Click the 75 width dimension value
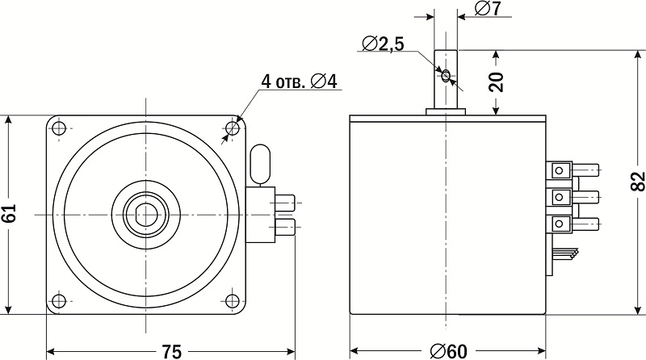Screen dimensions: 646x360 [171, 351]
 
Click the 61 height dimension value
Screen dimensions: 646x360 [9, 213]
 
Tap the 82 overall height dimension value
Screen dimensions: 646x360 [637, 182]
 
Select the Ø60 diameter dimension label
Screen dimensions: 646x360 [449, 351]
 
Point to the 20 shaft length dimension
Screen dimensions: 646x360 [497, 82]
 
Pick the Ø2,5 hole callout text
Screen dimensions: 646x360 [383, 44]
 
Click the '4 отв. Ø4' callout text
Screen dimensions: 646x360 [299, 82]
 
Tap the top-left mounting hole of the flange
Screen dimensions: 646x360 [59, 128]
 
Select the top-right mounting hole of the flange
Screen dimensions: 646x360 [233, 128]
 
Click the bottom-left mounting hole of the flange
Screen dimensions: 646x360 [59, 300]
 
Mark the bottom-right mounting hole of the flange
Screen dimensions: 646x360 [233, 300]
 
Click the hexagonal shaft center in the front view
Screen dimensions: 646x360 [146, 215]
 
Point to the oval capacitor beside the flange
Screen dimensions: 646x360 [260, 164]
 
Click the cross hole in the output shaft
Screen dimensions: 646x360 [446, 76]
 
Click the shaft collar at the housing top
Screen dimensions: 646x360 [446, 111]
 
